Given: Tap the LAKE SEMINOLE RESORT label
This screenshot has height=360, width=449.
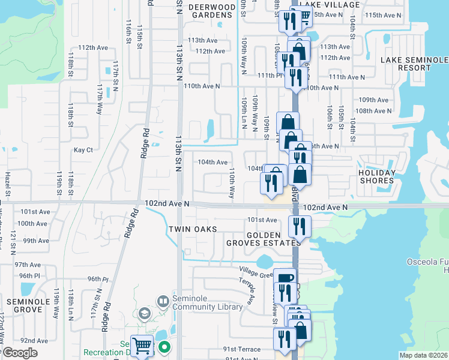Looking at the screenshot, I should coord(414,64).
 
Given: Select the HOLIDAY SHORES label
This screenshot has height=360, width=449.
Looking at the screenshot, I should coord(377,177).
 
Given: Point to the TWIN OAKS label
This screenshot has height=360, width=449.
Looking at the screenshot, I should coord(191,229).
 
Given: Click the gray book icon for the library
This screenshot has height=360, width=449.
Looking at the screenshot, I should coord(163,300).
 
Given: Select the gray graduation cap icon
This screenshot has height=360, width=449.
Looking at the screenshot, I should coord(143,314).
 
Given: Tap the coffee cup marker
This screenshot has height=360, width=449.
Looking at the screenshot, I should coord(285,279).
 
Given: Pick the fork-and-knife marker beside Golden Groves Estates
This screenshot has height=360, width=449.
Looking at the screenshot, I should coord(298,226).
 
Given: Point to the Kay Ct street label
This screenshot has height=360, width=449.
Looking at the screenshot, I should coord(83,150).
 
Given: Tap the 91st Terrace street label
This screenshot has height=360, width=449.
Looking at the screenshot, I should coord(242,349).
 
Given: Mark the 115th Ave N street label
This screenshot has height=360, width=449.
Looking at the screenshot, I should coord(382,15).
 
